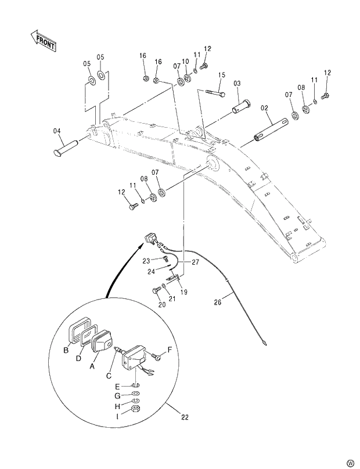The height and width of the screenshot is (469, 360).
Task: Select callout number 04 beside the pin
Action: point(57,132)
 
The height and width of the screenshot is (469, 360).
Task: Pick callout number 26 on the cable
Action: point(218,301)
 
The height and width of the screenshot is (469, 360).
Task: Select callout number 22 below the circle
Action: point(185,417)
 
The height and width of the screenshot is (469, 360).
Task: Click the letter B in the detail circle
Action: point(66,349)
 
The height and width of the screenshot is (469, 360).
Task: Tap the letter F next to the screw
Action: point(170,349)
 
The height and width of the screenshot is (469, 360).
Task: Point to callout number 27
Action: point(196,262)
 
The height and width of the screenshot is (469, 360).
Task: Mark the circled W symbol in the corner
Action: point(350,461)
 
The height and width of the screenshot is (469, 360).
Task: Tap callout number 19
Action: point(184,292)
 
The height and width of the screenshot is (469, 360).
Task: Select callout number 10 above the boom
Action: point(185,61)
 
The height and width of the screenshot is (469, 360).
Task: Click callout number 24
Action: point(150,270)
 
